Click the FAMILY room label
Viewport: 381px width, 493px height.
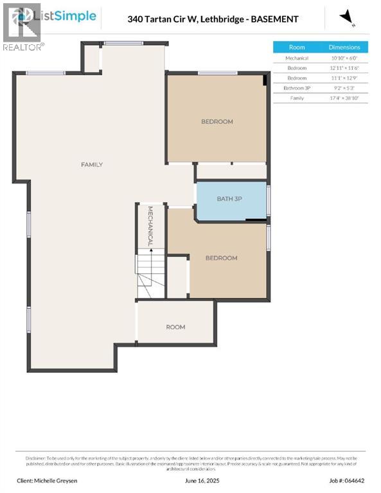pos(91,165)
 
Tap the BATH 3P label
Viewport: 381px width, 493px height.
pos(229,199)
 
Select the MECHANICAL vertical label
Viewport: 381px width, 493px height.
pos(150,227)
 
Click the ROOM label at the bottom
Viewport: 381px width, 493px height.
pos(175,327)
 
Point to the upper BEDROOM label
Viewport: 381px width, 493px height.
pos(217,121)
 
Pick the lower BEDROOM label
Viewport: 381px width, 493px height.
pos(221,258)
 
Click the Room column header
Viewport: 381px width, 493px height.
pos(297,48)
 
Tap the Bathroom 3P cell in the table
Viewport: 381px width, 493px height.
pos(297,88)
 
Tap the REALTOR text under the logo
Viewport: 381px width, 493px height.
pos(23,47)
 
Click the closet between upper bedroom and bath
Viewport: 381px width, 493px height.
pos(231,171)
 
